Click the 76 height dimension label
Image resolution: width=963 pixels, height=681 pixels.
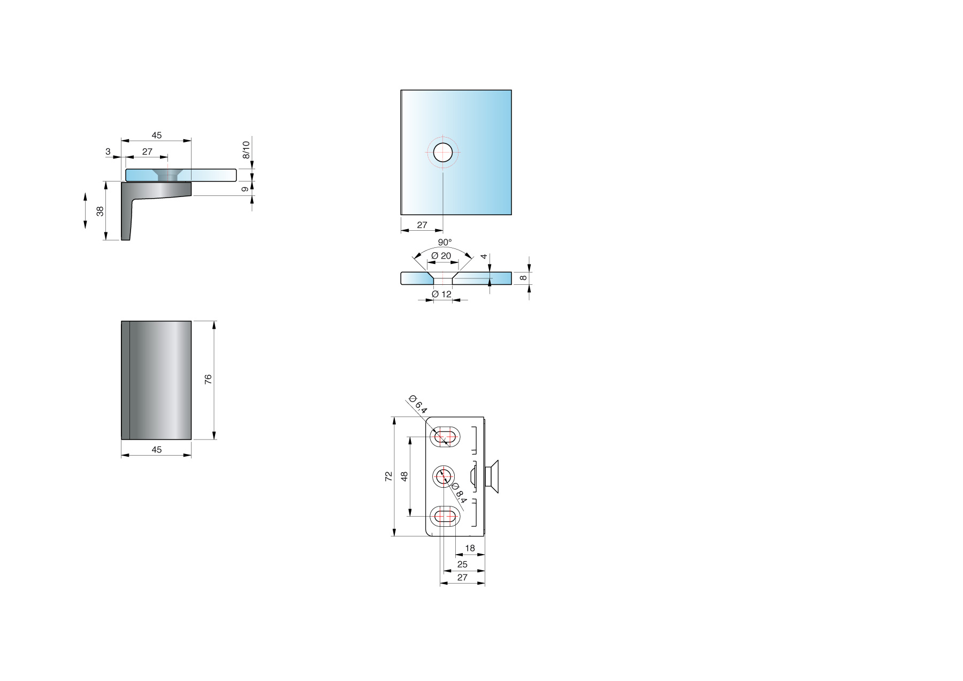(208, 379)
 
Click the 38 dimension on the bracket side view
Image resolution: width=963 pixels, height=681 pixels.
(100, 211)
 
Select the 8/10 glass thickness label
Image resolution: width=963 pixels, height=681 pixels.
(246, 150)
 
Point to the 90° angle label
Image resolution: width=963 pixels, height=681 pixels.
(445, 243)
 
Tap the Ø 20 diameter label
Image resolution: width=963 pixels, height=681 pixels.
(441, 256)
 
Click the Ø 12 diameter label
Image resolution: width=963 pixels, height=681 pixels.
(441, 294)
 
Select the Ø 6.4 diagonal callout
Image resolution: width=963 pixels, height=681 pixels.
(418, 404)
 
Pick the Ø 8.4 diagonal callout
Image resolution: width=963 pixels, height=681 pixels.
(459, 493)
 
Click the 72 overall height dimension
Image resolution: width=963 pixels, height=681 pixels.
(389, 476)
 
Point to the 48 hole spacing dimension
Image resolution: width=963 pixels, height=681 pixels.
(404, 476)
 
